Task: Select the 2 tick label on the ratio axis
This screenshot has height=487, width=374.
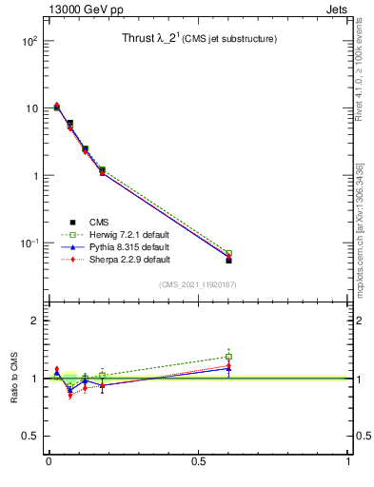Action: [x=34, y=321]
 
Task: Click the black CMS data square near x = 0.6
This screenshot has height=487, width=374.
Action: [x=228, y=260]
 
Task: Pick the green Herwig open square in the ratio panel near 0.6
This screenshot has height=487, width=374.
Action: [x=228, y=357]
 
